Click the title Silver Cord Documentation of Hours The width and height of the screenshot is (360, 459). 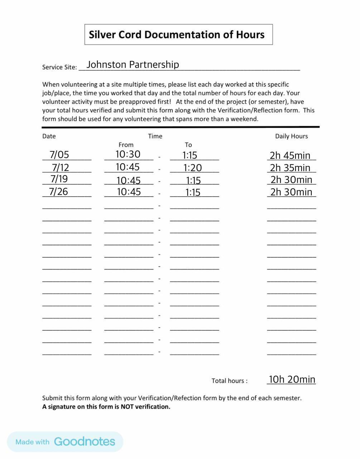tap(177, 35)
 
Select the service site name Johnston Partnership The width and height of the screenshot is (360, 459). tap(133, 65)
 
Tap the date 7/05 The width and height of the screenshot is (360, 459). tap(59, 155)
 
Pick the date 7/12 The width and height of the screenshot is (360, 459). tap(61, 167)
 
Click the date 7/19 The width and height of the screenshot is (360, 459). tap(59, 179)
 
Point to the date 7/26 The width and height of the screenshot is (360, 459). tap(59, 191)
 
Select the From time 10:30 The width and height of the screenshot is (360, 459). tap(128, 154)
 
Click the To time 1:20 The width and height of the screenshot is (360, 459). tap(193, 168)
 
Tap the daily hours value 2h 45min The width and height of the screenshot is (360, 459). tap(290, 156)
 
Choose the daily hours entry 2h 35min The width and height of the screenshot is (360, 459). tap(290, 168)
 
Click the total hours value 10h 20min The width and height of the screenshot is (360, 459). tap(292, 379)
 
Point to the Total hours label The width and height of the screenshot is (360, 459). tap(229, 381)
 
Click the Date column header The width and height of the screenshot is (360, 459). tap(49, 136)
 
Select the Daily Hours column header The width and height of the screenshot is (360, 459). tap(291, 136)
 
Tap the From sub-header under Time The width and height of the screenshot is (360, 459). tap(126, 145)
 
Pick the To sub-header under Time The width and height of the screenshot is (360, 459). tap(188, 145)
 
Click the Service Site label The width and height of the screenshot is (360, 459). tap(59, 67)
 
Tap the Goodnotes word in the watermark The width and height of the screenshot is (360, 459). tap(85, 441)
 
